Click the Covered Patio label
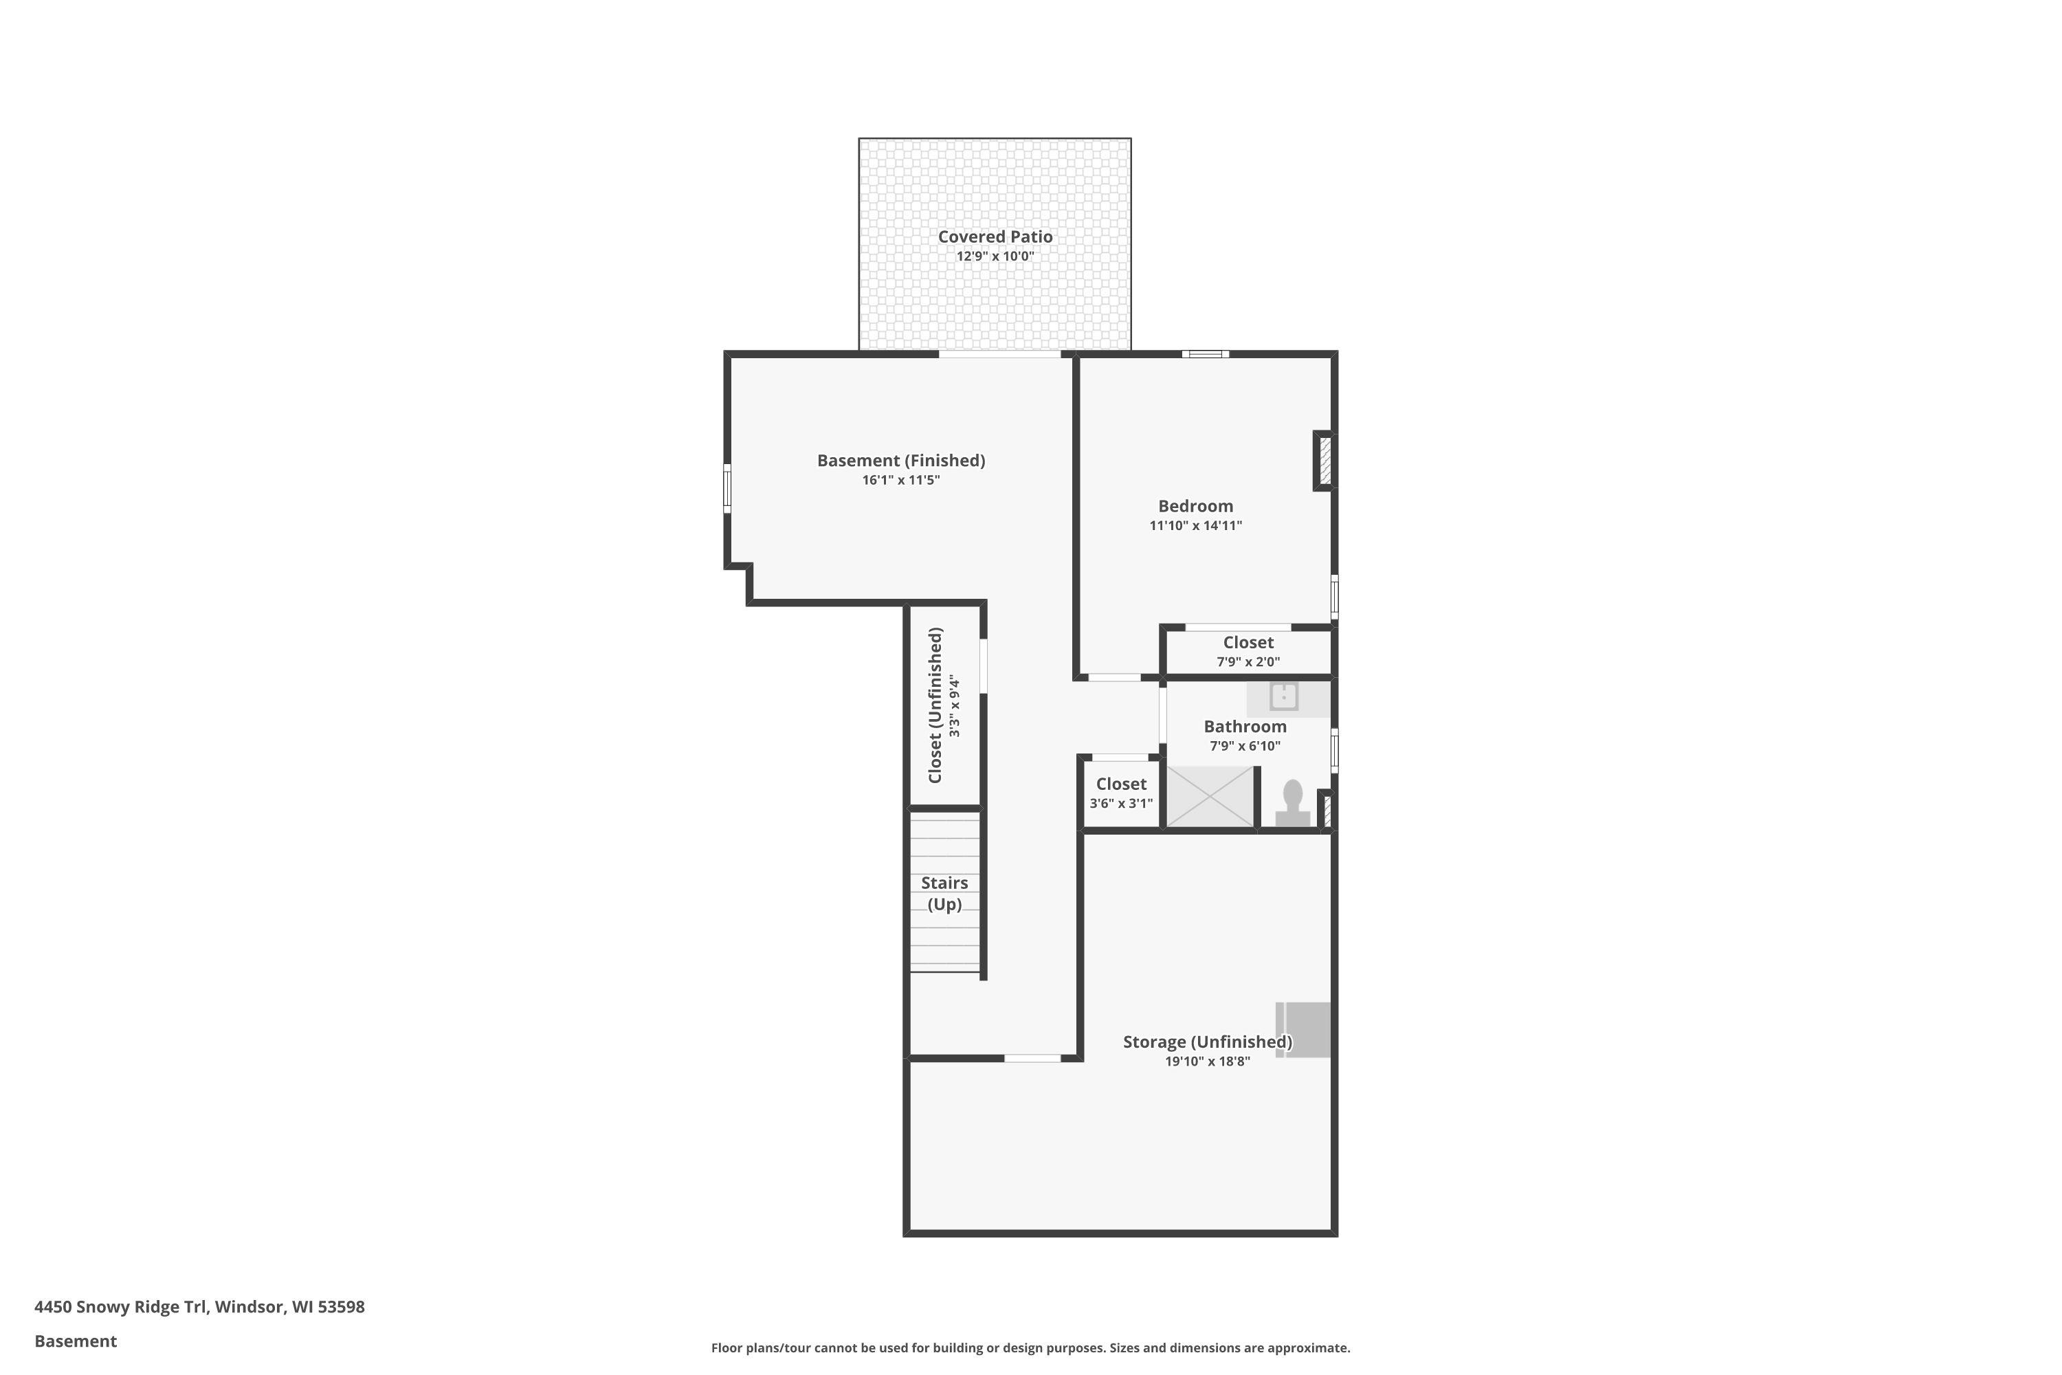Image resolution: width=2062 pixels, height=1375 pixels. click(x=995, y=236)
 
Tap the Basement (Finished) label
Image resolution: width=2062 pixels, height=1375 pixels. click(x=901, y=461)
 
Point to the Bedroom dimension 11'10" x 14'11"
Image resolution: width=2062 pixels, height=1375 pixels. click(x=1196, y=526)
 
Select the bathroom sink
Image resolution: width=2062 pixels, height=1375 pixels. click(x=1285, y=698)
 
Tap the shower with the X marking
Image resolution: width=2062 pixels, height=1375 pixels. click(x=1210, y=796)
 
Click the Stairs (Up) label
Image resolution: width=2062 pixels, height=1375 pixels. click(x=944, y=894)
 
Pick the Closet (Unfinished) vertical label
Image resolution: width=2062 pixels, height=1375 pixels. click(x=935, y=705)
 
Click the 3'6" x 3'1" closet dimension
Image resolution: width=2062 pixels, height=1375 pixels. click(x=1121, y=803)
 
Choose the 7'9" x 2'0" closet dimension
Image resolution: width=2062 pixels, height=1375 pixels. click(x=1248, y=662)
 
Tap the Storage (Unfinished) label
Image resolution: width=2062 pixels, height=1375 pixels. click(x=1207, y=1042)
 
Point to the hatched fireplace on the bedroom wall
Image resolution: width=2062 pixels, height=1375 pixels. click(x=1324, y=461)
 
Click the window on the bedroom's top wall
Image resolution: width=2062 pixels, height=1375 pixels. click(x=1206, y=354)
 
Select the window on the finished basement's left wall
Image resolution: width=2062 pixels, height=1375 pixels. click(x=727, y=488)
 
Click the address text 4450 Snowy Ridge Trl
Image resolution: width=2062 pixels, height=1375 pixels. click(x=120, y=1308)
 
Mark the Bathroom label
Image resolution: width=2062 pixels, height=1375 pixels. click(x=1245, y=727)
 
